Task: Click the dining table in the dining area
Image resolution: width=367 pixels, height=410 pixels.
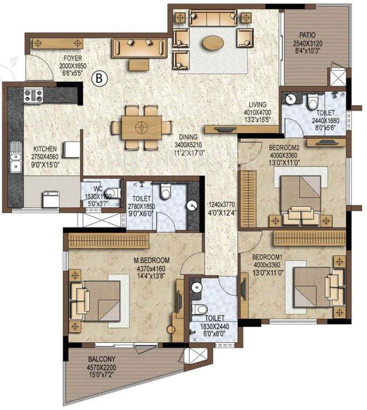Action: tap(142, 128)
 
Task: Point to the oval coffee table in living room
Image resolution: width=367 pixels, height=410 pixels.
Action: tap(214, 41)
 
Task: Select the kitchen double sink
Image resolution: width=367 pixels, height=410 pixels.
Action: tap(15, 157)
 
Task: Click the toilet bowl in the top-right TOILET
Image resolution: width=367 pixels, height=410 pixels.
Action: tap(313, 100)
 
